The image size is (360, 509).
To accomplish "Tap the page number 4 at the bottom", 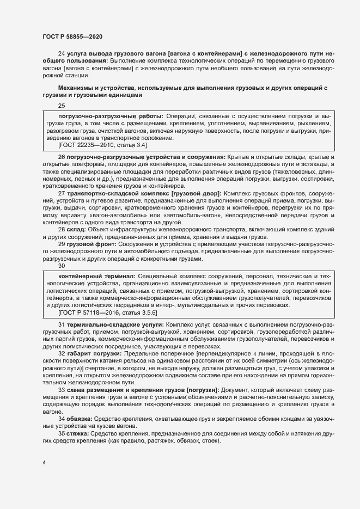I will pos(44,463).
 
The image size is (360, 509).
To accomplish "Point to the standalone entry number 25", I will pos(61,106).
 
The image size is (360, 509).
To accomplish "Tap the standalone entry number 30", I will pos(61,266).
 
